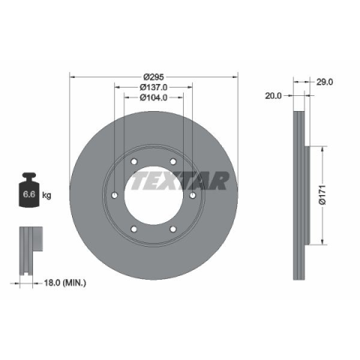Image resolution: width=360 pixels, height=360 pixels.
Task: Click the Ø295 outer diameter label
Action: (154, 76)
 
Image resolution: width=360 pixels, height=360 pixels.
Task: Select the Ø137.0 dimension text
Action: (154, 87)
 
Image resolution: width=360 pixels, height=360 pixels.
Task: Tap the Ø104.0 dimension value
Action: (154, 97)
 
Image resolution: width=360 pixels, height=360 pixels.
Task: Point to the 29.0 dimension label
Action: (325, 82)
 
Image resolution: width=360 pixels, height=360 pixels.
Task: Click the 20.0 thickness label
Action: (273, 96)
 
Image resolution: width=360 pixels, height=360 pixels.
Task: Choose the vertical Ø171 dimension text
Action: (322, 195)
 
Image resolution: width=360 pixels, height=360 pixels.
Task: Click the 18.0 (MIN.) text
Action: (65, 283)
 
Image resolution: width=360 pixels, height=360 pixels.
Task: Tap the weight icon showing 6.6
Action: (29, 190)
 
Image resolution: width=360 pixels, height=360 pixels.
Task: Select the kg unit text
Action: (46, 195)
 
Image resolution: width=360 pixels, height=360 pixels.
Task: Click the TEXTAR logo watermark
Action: (179, 181)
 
